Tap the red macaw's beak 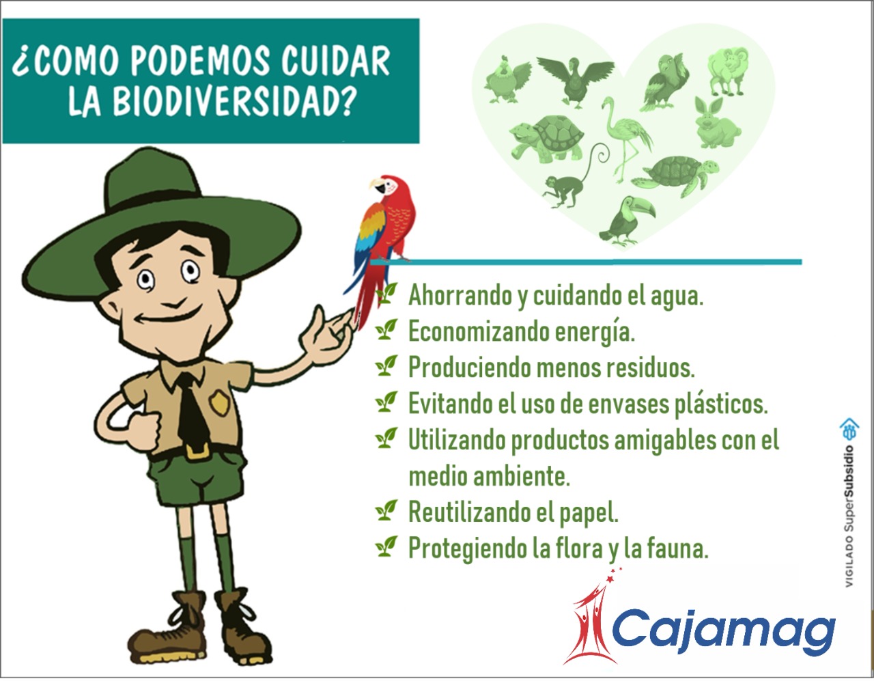click(x=377, y=185)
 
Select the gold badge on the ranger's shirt click(x=220, y=403)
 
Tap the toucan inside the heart click(x=627, y=221)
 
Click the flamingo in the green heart click(x=625, y=139)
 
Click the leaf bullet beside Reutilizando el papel click(x=386, y=510)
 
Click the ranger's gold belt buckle click(x=197, y=451)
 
